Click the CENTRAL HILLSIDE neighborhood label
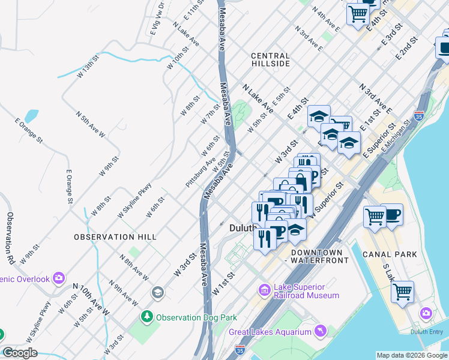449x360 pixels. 270,59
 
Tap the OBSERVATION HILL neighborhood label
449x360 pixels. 115,237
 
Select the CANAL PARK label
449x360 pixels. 390,254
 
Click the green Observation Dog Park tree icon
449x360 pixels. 146,316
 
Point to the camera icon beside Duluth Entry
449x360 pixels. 426,313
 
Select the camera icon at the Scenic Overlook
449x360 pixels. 59,278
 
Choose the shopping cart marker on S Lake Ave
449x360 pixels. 402,292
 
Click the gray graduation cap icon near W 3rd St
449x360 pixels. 157,292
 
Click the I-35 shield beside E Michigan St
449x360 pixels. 418,116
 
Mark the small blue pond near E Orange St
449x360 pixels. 32,116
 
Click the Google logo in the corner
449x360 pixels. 20,353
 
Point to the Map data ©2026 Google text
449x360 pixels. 412,355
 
